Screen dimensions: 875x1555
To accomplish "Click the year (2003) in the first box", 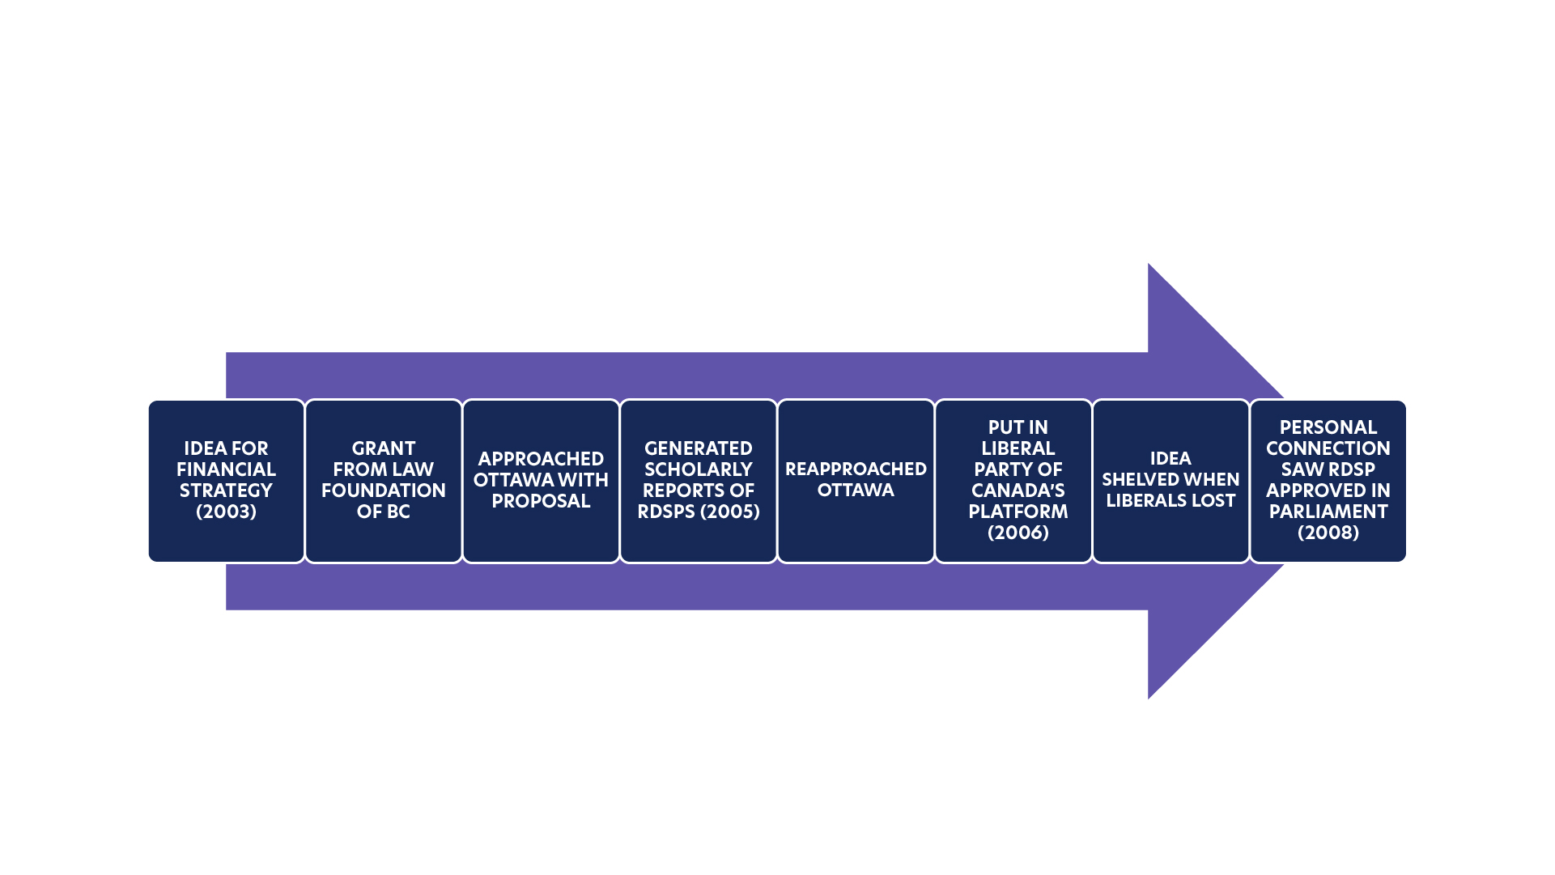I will pyautogui.click(x=226, y=512).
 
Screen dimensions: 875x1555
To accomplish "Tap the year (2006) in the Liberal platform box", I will pyautogui.click(x=1018, y=533).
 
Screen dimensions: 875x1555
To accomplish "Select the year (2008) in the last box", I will pyautogui.click(x=1328, y=533).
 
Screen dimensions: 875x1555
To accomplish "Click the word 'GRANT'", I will pyautogui.click(x=383, y=448).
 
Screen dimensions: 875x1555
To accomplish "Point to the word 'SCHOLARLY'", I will pyautogui.click(x=698, y=469).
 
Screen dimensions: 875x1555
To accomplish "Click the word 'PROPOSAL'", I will pyautogui.click(x=541, y=501).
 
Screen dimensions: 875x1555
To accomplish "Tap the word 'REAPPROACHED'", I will pyautogui.click(x=856, y=469).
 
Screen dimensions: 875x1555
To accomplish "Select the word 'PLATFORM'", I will pyautogui.click(x=1018, y=512).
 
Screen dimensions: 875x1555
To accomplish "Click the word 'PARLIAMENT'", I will pyautogui.click(x=1328, y=512).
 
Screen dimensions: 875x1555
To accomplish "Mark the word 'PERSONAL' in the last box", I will pyautogui.click(x=1328, y=427).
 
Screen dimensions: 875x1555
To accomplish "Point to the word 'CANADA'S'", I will pyautogui.click(x=1018, y=491).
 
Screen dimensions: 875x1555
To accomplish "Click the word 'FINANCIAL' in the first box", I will pyautogui.click(x=226, y=469).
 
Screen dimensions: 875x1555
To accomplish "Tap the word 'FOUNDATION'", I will pyautogui.click(x=383, y=491).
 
